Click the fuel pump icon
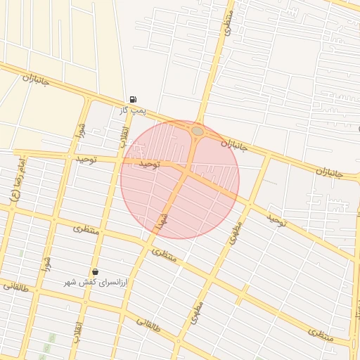coord(134,99)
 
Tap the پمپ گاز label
coord(131,111)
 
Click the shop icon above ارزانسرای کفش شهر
coord(95,271)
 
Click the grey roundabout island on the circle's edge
coord(198,131)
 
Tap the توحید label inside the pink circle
coord(149,163)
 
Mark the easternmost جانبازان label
coord(328,171)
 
